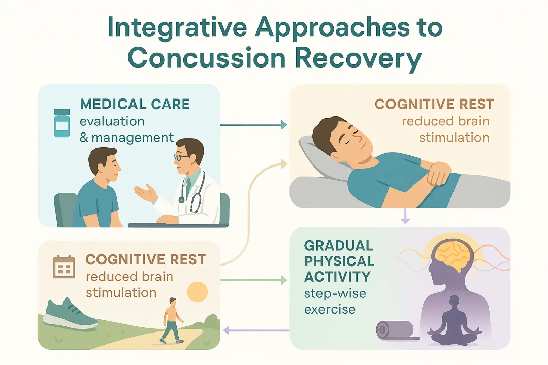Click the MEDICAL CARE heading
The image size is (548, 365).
pyautogui.click(x=135, y=105)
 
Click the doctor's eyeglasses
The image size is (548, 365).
pyautogui.click(x=181, y=157)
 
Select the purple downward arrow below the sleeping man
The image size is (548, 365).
pyautogui.click(x=405, y=217)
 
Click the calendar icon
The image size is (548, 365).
pyautogui.click(x=64, y=267)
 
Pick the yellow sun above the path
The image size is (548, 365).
pyautogui.click(x=198, y=292)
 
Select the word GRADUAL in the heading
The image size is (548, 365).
pyautogui.click(x=338, y=246)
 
